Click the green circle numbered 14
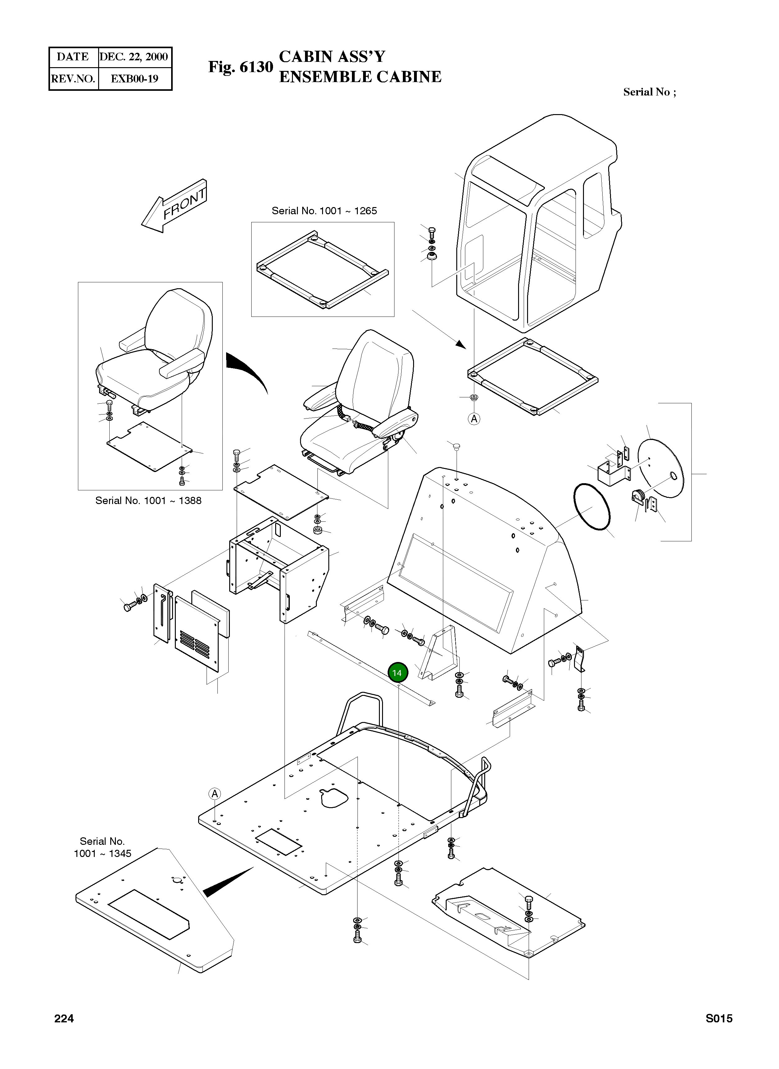[397, 673]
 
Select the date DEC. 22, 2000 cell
[134, 57]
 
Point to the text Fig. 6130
[240, 67]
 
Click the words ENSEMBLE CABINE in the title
[360, 77]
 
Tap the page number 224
[64, 1019]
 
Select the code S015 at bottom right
[719, 1019]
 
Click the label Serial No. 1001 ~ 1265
[324, 211]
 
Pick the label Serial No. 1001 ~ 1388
[148, 500]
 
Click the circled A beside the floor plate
[215, 794]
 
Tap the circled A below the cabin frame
[474, 419]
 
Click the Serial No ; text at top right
[649, 92]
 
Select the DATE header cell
[73, 57]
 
